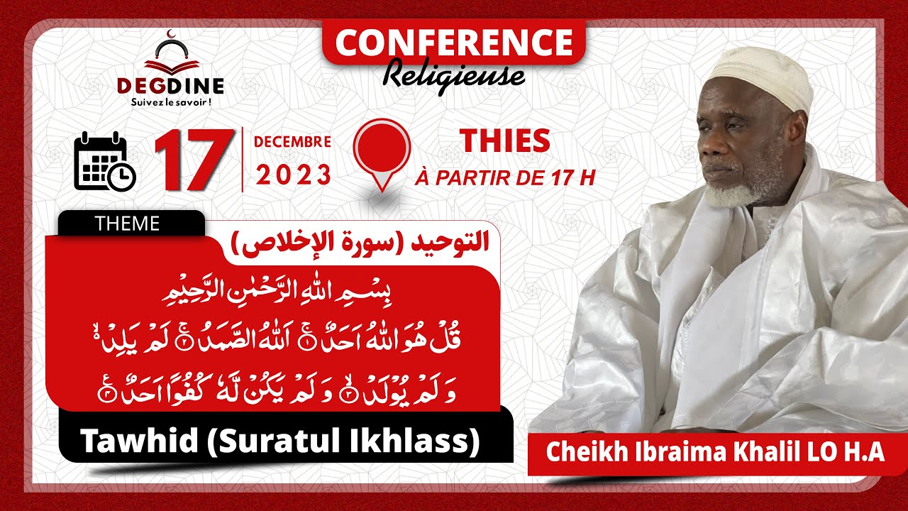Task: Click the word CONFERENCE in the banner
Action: pyautogui.click(x=453, y=43)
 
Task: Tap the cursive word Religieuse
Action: pyautogui.click(x=454, y=74)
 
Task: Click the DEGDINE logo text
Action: pyautogui.click(x=170, y=86)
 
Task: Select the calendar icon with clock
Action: pyautogui.click(x=104, y=161)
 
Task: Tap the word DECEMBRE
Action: pyautogui.click(x=292, y=142)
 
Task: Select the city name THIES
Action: pyautogui.click(x=504, y=142)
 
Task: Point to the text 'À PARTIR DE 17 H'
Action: pyautogui.click(x=504, y=177)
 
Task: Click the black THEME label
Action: pyautogui.click(x=128, y=224)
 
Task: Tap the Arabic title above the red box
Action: pyautogui.click(x=360, y=243)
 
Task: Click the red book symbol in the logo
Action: pyautogui.click(x=170, y=65)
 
